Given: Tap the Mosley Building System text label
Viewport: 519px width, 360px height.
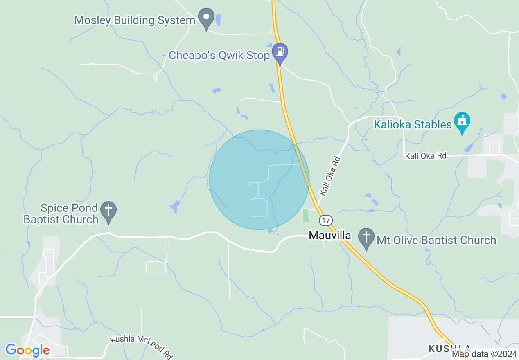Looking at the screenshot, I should [135, 20].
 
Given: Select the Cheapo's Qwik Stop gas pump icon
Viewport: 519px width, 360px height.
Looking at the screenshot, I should [280, 52].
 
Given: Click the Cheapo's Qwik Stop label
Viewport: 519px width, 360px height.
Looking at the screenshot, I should [219, 56].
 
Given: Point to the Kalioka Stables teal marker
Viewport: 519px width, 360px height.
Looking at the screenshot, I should [462, 122].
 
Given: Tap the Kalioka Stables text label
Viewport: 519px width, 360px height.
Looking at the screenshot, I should [413, 124].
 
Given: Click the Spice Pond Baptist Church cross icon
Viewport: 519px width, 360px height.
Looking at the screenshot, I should [108, 211].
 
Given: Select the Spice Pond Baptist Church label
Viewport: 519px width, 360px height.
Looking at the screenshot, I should [61, 214].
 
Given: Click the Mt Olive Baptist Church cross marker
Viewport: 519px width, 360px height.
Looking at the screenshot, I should [366, 237].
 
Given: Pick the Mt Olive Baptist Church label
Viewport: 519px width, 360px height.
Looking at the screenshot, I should [436, 240].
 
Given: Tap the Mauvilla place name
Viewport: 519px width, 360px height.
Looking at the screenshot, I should [330, 236].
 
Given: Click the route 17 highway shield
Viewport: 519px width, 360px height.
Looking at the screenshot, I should [325, 220].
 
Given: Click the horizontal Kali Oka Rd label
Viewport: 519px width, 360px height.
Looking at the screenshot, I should [426, 156].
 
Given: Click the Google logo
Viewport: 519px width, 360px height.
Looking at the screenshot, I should [27, 351].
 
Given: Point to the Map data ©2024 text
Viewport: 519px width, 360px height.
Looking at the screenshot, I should [484, 354].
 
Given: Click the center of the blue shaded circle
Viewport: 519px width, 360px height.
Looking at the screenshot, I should [259, 180].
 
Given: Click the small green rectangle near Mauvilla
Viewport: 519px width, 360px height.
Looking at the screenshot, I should [306, 216].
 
